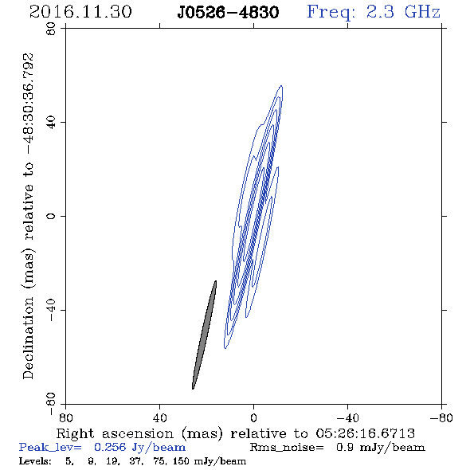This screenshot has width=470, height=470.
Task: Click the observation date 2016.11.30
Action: [80, 12]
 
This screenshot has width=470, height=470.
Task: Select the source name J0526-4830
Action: [228, 13]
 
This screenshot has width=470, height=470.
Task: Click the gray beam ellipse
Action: [204, 335]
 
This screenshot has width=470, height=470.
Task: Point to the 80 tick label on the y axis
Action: [51, 29]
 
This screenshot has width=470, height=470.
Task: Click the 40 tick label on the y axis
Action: [51, 123]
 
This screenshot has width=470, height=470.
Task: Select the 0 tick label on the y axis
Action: [51, 216]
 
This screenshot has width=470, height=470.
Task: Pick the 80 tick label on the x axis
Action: [65, 418]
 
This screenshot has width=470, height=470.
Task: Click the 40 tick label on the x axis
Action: [159, 418]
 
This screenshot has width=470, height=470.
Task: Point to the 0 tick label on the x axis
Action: [253, 418]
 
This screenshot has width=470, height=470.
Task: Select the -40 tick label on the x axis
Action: [347, 418]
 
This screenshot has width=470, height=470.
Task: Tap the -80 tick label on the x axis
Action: [441, 418]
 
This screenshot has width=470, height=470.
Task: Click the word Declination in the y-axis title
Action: [28, 338]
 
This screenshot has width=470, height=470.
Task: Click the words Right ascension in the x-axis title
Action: [115, 433]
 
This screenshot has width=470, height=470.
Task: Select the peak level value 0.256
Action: [110, 447]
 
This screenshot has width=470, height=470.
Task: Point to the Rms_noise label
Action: [287, 448]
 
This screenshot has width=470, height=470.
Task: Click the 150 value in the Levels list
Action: [181, 461]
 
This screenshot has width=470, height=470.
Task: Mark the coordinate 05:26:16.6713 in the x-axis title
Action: [366, 433]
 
